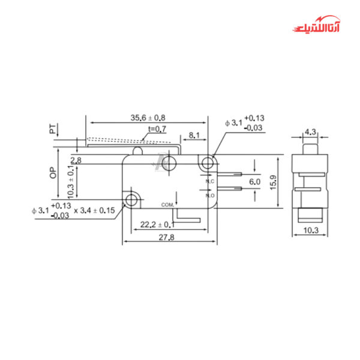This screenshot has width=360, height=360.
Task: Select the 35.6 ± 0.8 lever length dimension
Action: [x=148, y=118]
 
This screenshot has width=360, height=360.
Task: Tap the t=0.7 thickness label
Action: [x=157, y=129]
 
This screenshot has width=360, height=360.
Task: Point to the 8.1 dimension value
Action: [x=194, y=136]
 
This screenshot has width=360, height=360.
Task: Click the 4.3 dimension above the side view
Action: [x=311, y=131]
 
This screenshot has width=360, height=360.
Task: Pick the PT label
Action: [x=53, y=129]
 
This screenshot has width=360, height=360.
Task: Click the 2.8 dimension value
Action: [x=76, y=161]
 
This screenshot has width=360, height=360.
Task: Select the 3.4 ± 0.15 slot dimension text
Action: [x=95, y=210]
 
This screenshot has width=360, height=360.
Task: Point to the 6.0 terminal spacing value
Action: [x=254, y=181]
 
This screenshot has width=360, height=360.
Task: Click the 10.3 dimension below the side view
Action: [x=311, y=230]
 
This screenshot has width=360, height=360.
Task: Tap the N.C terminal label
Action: [x=210, y=181]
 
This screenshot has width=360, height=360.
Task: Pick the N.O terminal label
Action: [x=210, y=196]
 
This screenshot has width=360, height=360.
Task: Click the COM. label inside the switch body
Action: [x=167, y=205]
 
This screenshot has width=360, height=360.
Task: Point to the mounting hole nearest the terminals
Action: [x=208, y=162]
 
